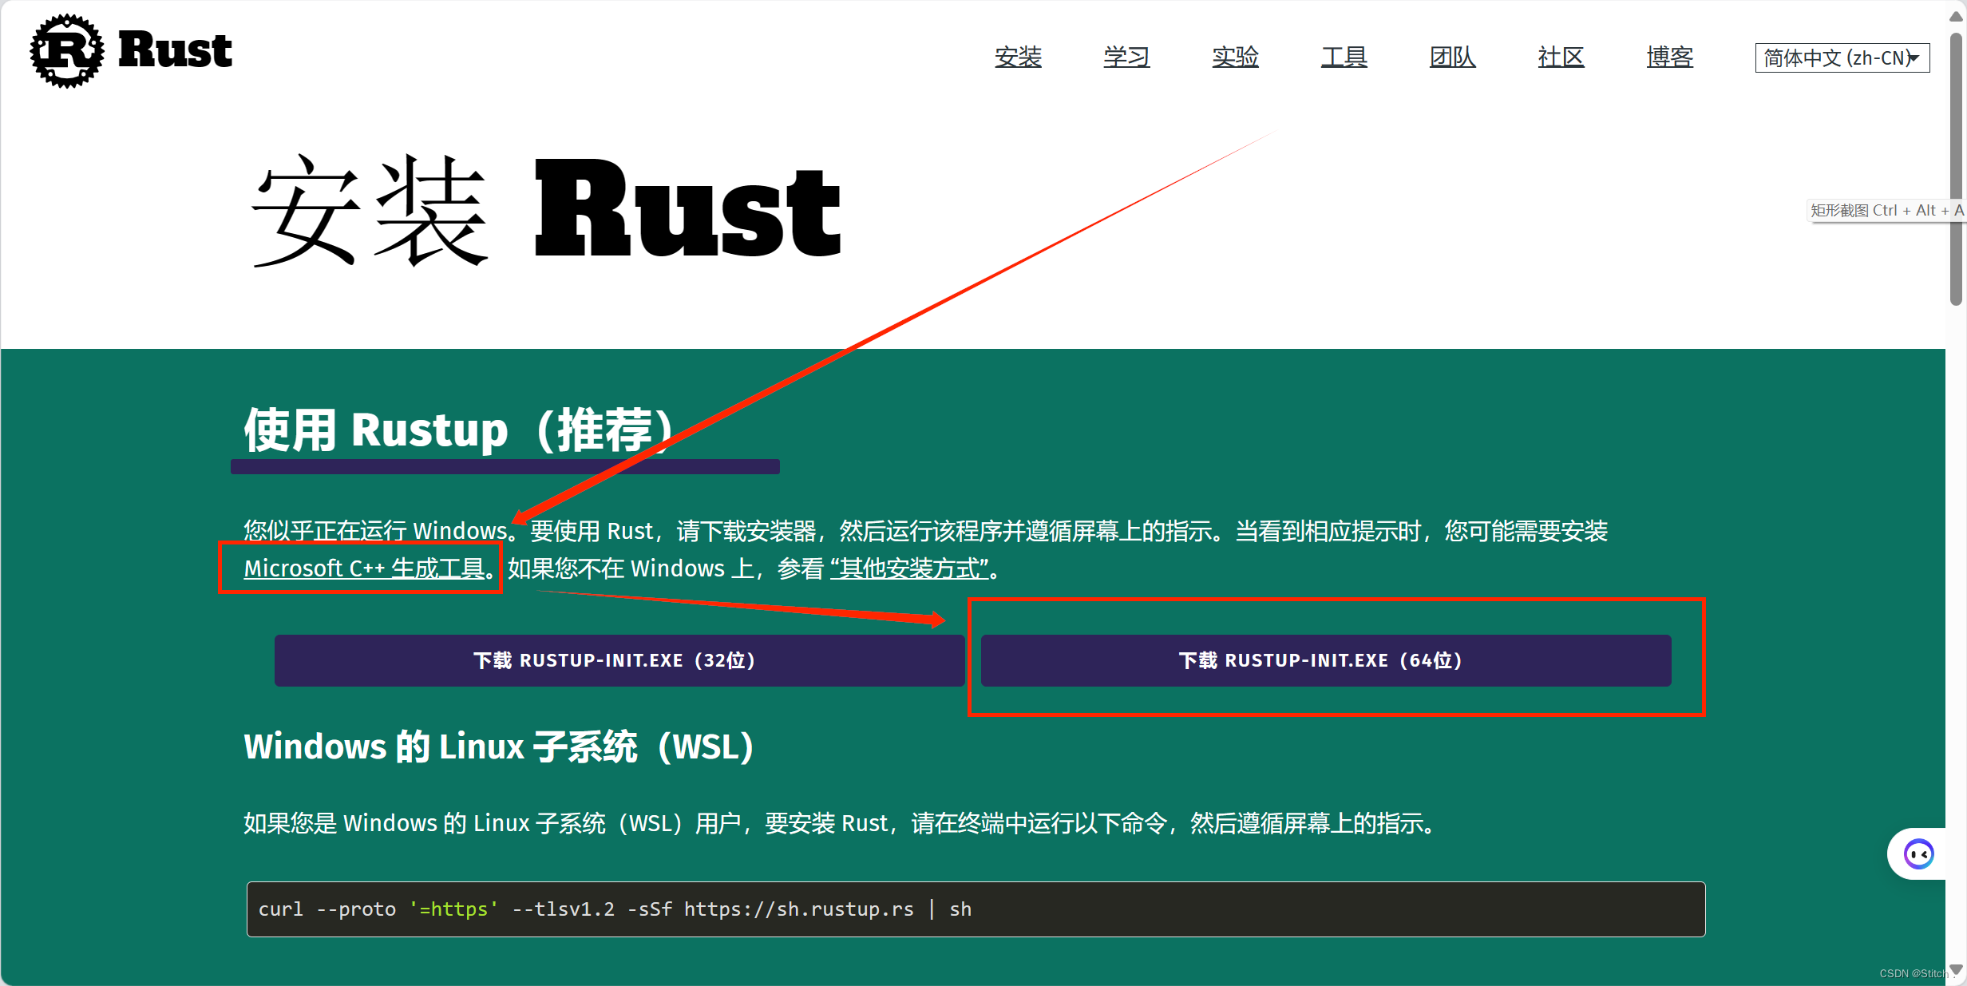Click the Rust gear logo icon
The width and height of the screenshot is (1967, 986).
pyautogui.click(x=67, y=50)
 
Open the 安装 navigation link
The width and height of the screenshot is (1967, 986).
pyautogui.click(x=1018, y=57)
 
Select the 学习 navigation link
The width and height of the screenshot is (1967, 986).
pyautogui.click(x=1126, y=57)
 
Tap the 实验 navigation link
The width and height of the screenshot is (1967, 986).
pyautogui.click(x=1235, y=57)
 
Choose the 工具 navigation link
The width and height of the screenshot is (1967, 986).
pyautogui.click(x=1344, y=57)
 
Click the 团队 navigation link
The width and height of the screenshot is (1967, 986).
pyautogui.click(x=1452, y=57)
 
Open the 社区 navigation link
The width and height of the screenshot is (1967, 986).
pyautogui.click(x=1561, y=57)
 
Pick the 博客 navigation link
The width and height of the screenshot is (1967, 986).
pyautogui.click(x=1669, y=57)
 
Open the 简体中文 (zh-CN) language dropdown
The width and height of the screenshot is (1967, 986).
pyautogui.click(x=1842, y=58)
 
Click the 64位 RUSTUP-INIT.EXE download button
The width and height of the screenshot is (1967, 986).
pyautogui.click(x=1325, y=660)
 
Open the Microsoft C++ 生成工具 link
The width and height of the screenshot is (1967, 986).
pyautogui.click(x=365, y=568)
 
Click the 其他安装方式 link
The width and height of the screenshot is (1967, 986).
pyautogui.click(x=909, y=568)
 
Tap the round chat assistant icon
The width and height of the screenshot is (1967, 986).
pyautogui.click(x=1918, y=854)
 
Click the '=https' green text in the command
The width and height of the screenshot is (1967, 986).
pyautogui.click(x=453, y=909)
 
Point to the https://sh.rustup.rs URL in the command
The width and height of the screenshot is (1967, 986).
pyautogui.click(x=798, y=909)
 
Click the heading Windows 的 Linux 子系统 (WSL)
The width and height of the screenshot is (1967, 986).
pyautogui.click(x=499, y=746)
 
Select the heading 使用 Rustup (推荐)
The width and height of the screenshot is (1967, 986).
pyautogui.click(x=459, y=430)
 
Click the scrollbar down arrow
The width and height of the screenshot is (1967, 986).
pyautogui.click(x=1955, y=970)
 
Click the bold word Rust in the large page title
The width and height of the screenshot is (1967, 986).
pyautogui.click(x=687, y=209)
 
